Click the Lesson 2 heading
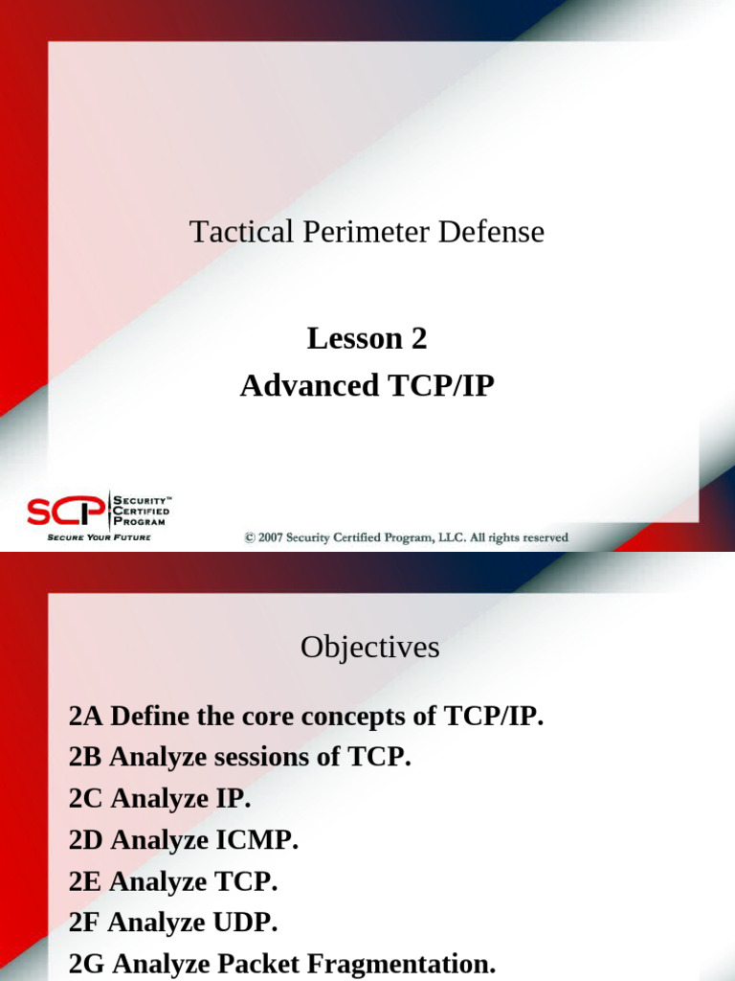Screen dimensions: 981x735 (x=367, y=338)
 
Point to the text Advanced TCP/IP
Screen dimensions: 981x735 (x=367, y=386)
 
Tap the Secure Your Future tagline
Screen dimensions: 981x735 (x=100, y=537)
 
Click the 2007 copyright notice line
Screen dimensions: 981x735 (x=406, y=537)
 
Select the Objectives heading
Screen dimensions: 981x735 (x=369, y=648)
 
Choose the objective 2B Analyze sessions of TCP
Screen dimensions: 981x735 (x=239, y=758)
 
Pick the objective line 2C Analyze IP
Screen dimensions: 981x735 (x=160, y=799)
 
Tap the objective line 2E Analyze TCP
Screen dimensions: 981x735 (x=173, y=881)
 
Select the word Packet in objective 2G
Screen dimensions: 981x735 (x=260, y=964)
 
